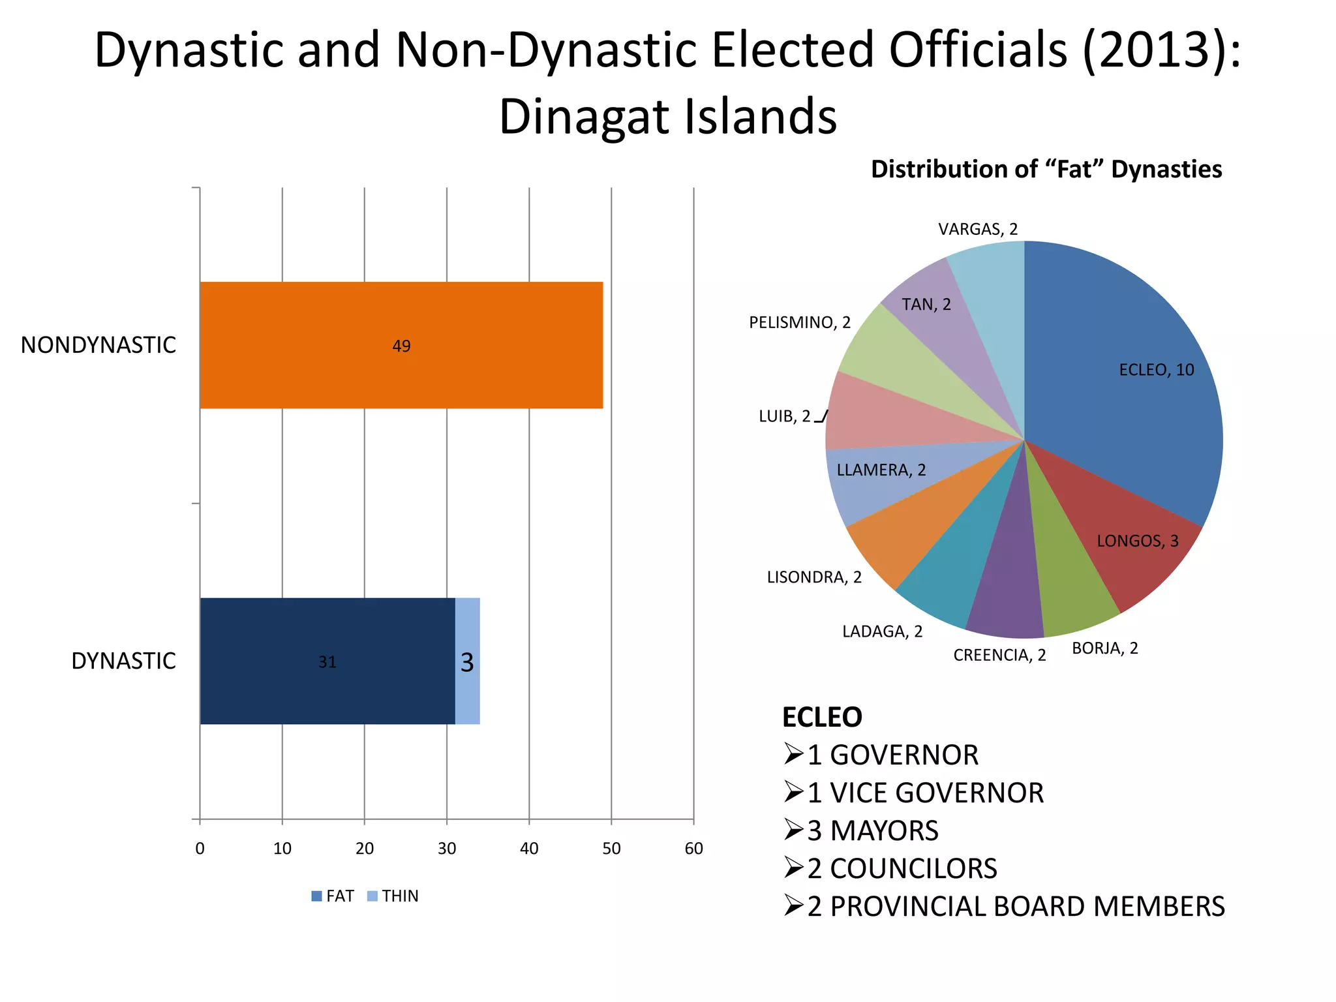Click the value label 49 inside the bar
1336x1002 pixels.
pyautogui.click(x=401, y=346)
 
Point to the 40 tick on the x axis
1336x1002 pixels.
pyautogui.click(x=529, y=848)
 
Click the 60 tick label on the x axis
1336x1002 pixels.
pyautogui.click(x=693, y=848)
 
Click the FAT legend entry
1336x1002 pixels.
pyautogui.click(x=333, y=896)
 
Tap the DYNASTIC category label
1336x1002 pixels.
pyautogui.click(x=123, y=661)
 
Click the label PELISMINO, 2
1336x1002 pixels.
pyautogui.click(x=800, y=322)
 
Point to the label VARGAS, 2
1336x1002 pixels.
pyautogui.click(x=978, y=229)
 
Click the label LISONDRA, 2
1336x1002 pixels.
pyautogui.click(x=814, y=577)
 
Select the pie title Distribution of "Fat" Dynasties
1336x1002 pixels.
pyautogui.click(x=1046, y=169)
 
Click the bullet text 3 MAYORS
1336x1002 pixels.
pyautogui.click(x=873, y=830)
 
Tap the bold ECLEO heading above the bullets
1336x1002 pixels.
pyautogui.click(x=822, y=717)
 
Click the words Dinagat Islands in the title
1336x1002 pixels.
pyautogui.click(x=668, y=116)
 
